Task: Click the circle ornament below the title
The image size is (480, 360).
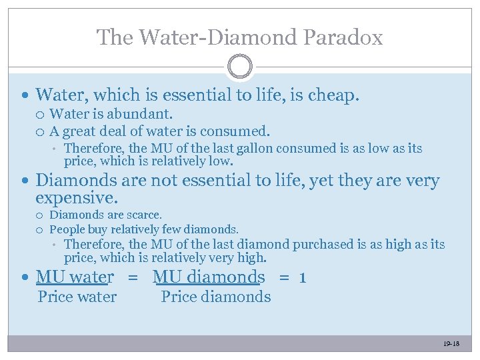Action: [x=239, y=67]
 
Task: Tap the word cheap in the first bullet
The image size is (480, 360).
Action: [x=334, y=96]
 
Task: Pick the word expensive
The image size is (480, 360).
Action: [x=76, y=198]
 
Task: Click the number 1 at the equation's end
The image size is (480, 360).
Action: [x=303, y=277]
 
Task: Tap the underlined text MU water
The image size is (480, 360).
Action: [x=75, y=277]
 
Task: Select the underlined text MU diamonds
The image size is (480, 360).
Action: [x=209, y=277]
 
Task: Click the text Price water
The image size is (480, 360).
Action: [x=77, y=297]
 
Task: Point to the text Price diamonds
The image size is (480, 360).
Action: [x=216, y=297]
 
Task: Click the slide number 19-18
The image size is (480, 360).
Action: [x=451, y=344]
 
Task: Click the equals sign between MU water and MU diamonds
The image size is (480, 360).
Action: [x=133, y=277]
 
